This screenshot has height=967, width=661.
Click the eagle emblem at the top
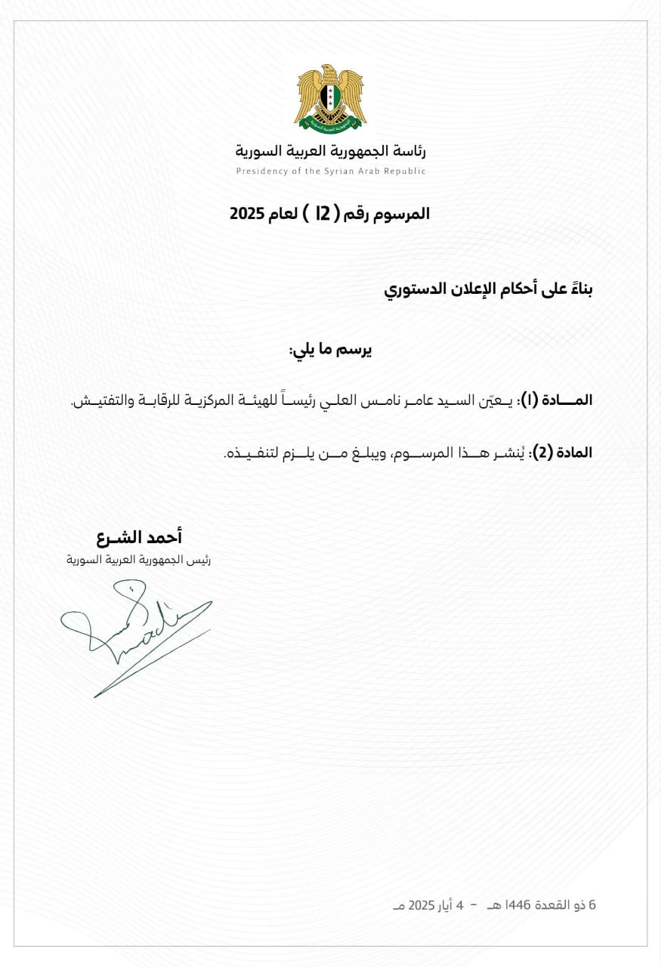click(330, 97)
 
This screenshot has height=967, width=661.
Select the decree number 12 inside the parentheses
click(323, 214)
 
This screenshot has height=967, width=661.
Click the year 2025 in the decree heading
click(246, 214)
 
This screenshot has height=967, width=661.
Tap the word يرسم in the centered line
click(354, 350)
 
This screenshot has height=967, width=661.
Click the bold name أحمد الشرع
click(140, 538)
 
